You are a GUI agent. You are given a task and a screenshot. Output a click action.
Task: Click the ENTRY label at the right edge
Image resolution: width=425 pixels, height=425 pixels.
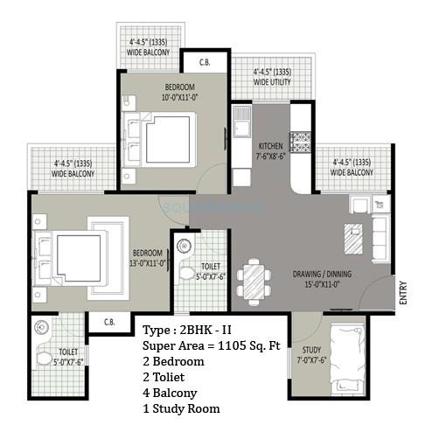(x=403, y=291)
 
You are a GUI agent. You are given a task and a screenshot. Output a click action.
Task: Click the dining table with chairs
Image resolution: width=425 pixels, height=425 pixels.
(x=253, y=280)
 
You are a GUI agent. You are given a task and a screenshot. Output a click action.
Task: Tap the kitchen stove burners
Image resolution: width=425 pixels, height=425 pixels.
(x=302, y=142)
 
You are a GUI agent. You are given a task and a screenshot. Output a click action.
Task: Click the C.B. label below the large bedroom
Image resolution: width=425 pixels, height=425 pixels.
(x=109, y=322)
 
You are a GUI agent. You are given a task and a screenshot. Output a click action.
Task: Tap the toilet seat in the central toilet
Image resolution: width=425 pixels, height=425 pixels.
(x=186, y=273)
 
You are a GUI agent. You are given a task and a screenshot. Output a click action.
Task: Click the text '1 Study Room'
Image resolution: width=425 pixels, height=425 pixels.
(x=180, y=408)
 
